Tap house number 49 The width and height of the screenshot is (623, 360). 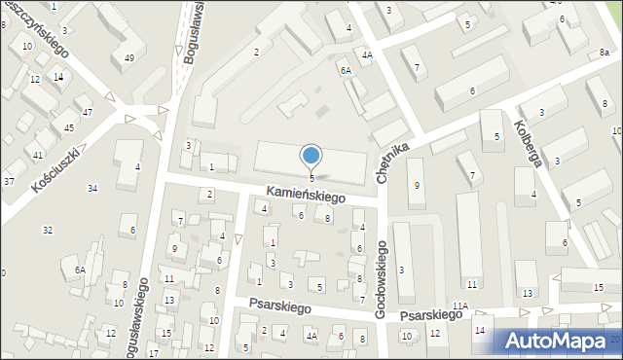click(129, 59)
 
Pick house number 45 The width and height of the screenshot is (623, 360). click(69, 127)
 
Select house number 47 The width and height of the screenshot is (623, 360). click(88, 113)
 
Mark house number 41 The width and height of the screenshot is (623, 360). click(38, 156)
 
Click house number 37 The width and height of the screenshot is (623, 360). click(9, 181)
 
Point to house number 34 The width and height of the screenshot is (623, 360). click(92, 188)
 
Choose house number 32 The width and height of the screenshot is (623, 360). click(48, 230)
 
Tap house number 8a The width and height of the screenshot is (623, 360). click(604, 62)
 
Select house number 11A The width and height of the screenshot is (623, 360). click(459, 306)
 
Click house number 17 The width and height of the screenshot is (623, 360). click(154, 352)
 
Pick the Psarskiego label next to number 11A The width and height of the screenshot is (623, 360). click(430, 315)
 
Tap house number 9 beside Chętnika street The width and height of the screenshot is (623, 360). click(417, 185)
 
